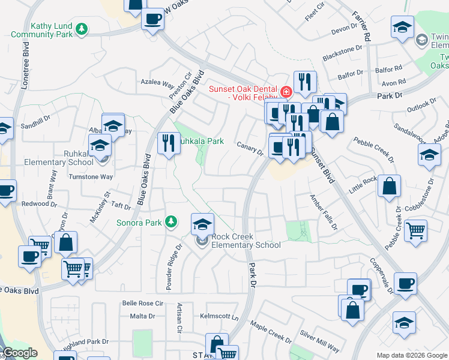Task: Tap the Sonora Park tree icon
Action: tap(172, 222)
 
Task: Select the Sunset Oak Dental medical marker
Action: tap(286, 92)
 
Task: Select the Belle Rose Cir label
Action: tap(142, 304)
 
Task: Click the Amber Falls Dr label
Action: tap(324, 212)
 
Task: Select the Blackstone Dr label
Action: tap(343, 53)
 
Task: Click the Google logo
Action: tap(20, 353)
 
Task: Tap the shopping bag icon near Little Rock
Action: tap(389, 187)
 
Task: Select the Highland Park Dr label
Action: tap(84, 341)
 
